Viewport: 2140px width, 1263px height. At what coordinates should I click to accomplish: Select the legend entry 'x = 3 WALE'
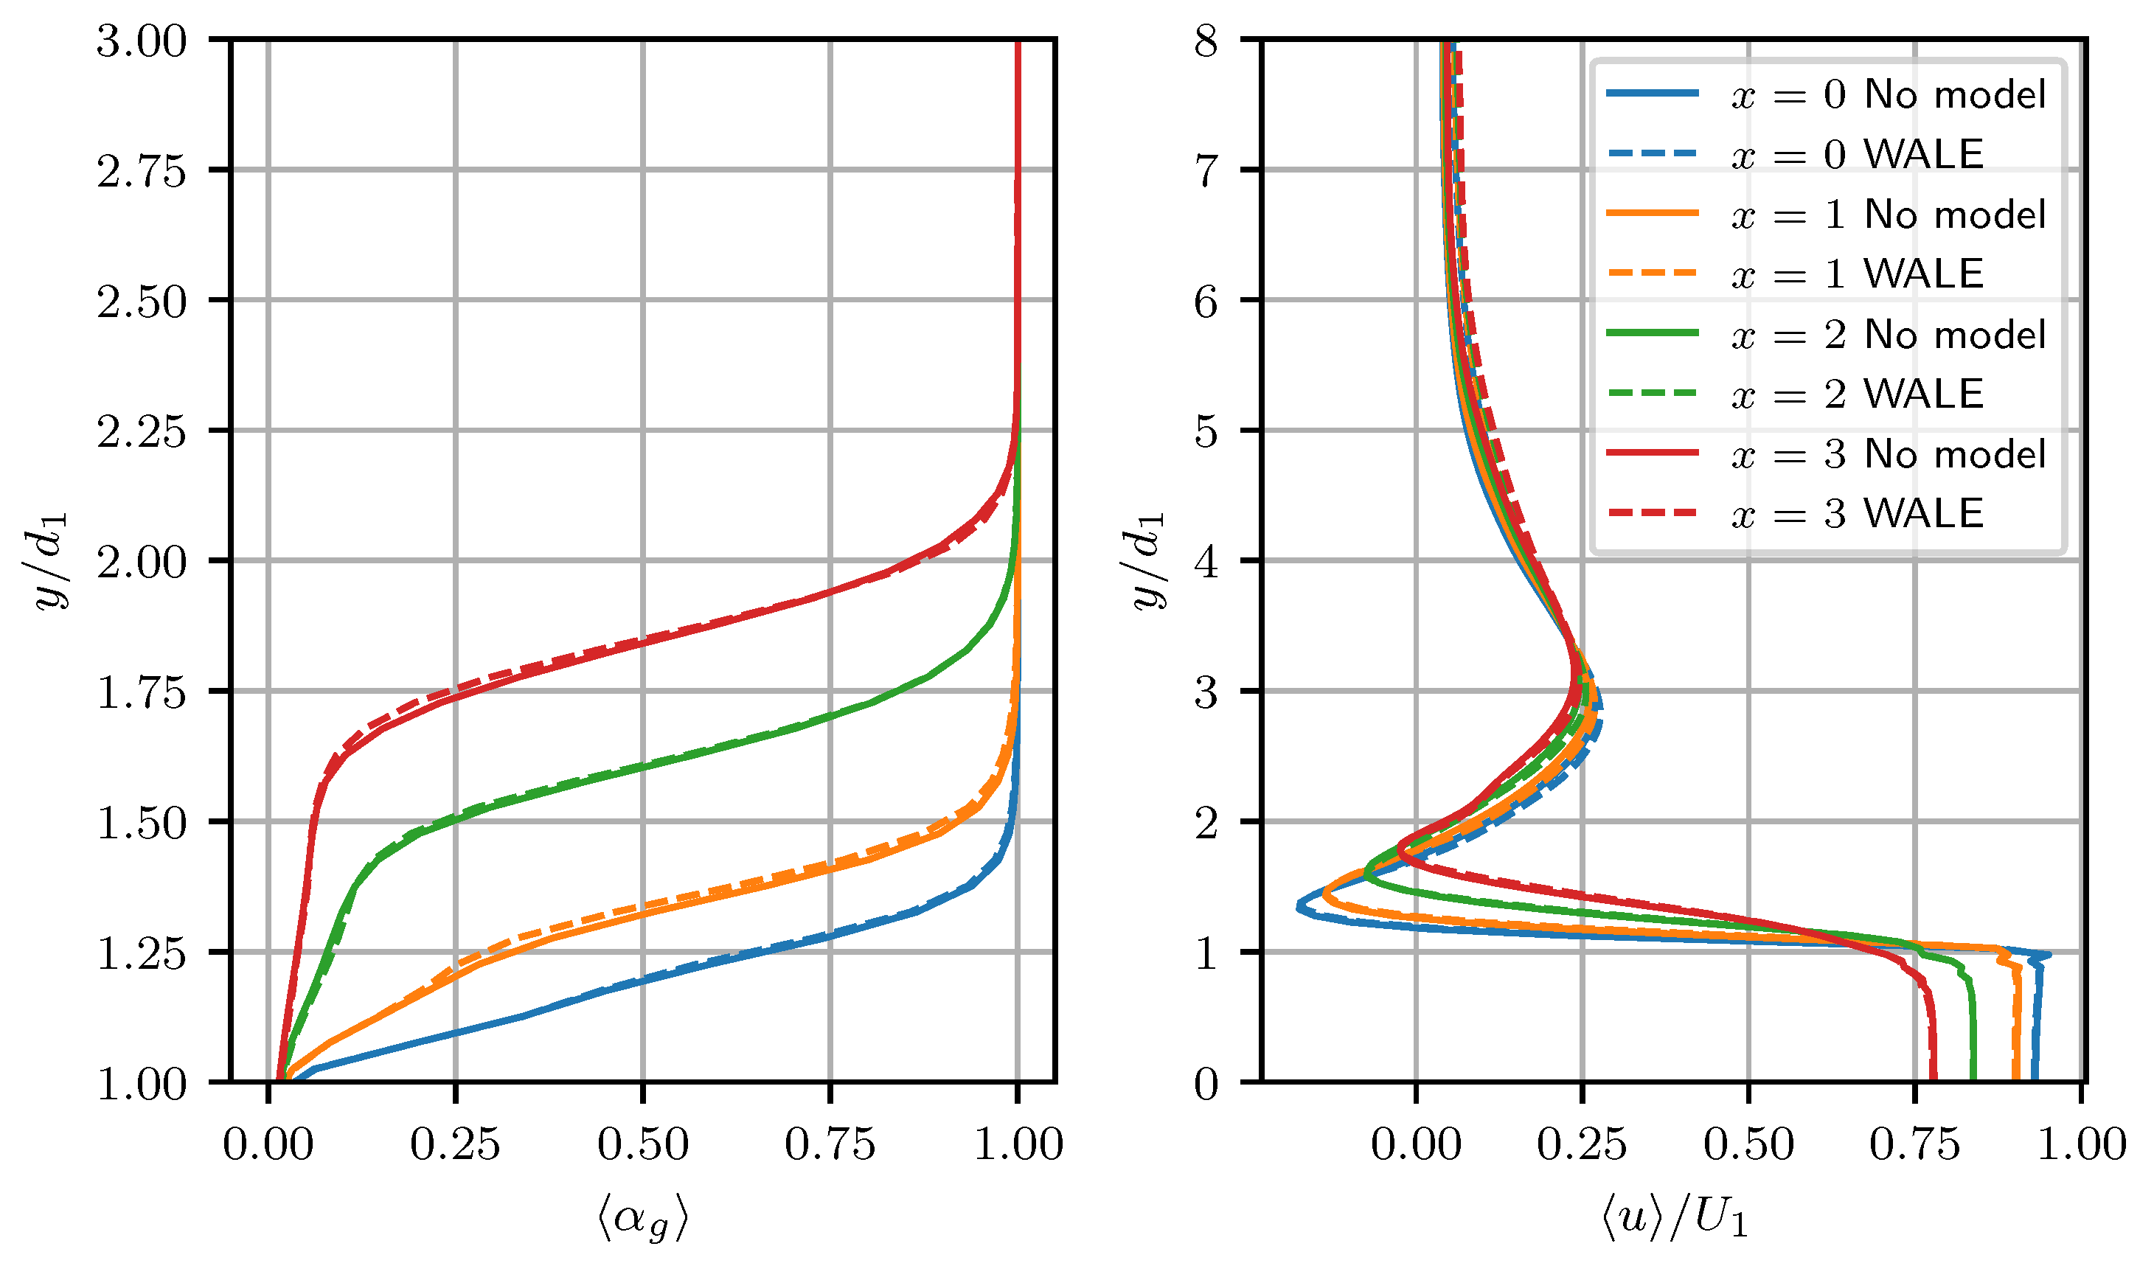tap(1796, 514)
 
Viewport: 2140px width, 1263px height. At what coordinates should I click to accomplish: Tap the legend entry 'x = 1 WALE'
tap(1796, 274)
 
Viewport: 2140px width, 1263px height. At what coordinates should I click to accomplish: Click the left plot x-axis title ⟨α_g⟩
tap(643, 1219)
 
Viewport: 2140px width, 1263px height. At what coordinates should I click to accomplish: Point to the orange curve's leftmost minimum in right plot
tap(1324, 893)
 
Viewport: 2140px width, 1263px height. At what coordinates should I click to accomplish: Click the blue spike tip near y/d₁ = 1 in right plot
tap(2049, 954)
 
